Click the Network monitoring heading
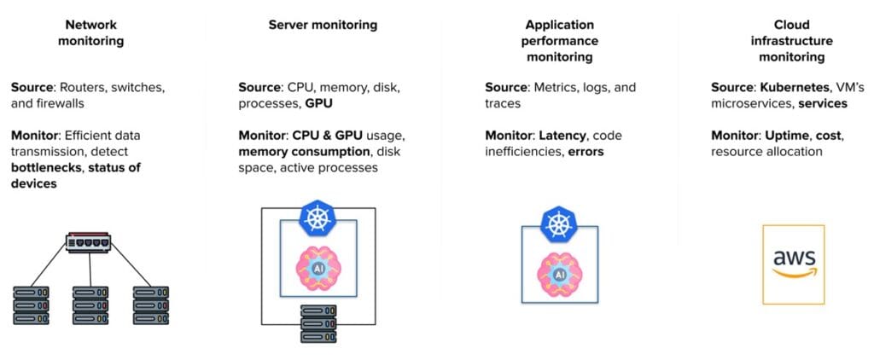click(x=91, y=32)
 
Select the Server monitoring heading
click(x=323, y=25)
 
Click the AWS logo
click(x=794, y=264)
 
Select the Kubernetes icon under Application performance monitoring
click(x=559, y=225)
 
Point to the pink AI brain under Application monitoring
click(x=559, y=274)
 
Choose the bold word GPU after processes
click(x=318, y=103)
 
